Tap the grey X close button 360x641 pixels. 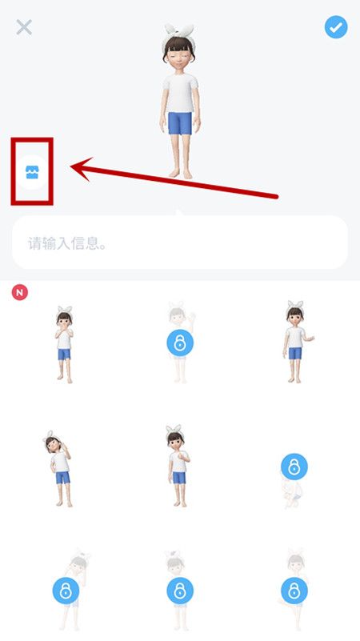coord(24,27)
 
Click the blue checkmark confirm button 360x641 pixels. coord(335,27)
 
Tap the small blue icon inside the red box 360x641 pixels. coord(32,171)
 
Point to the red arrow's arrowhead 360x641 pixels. coord(76,167)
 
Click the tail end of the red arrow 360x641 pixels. coord(276,195)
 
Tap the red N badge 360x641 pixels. coord(20,293)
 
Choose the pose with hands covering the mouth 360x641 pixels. coord(64,343)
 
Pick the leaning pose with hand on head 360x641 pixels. coord(58,468)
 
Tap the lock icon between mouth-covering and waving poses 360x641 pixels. coord(180,344)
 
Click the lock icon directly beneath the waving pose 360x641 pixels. coord(294,466)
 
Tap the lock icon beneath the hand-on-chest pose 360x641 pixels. coord(180,591)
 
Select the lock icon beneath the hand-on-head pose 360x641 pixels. coord(66,591)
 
